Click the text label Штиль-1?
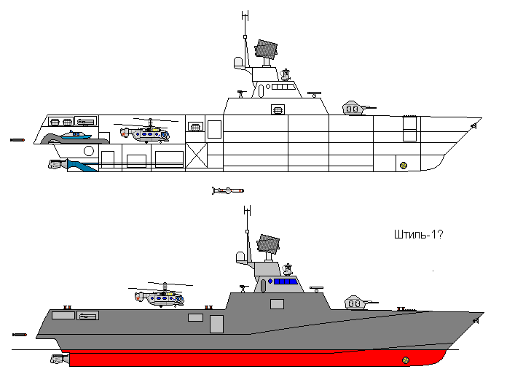pos(418,235)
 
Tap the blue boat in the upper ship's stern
pos(77,135)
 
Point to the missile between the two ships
pos(228,190)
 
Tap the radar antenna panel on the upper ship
pos(266,50)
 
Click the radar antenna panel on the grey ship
pos(268,244)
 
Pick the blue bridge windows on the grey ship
pos(285,282)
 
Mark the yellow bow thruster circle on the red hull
pos(406,360)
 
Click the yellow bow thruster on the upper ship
pos(404,166)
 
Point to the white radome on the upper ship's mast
pos(238,63)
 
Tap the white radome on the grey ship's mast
pos(240,257)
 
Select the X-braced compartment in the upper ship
pos(197,155)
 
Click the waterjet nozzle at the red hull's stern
pos(60,358)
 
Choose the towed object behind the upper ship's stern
pos(17,140)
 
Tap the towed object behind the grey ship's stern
pos(20,335)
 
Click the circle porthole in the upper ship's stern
pos(89,151)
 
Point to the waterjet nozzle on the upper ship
pos(58,164)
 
